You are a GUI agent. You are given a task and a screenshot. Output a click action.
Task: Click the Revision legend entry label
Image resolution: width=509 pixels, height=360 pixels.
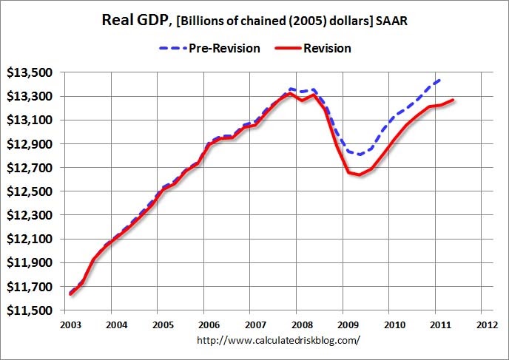(x=326, y=48)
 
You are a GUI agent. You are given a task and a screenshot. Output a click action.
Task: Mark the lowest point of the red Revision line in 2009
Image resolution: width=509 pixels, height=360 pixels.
(x=360, y=174)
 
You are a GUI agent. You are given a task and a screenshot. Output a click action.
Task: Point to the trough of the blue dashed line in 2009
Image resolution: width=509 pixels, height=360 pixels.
(x=360, y=154)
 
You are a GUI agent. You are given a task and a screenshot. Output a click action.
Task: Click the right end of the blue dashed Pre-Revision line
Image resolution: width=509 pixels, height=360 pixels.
(x=442, y=78)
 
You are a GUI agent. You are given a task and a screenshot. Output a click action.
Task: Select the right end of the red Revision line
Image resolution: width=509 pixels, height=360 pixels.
(x=454, y=100)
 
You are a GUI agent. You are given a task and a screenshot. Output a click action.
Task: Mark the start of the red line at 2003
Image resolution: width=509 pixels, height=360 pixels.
(x=70, y=293)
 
